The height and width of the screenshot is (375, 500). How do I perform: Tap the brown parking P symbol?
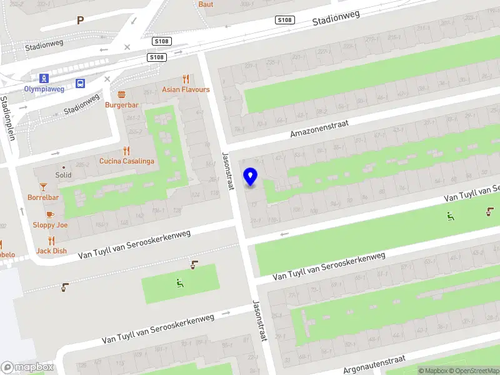[x=80, y=21]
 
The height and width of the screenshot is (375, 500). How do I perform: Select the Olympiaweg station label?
[x=44, y=89]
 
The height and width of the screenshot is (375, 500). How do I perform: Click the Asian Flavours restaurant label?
[x=186, y=89]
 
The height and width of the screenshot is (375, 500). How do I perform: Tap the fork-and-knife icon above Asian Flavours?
[x=186, y=79]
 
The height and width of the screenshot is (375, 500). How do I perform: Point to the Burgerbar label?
[x=121, y=104]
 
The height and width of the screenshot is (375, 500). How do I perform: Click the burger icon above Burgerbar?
[x=121, y=94]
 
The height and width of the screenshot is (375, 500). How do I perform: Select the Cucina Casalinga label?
[x=126, y=161]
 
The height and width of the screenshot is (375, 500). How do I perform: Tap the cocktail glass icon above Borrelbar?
[x=43, y=187]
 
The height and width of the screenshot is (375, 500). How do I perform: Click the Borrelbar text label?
[x=43, y=197]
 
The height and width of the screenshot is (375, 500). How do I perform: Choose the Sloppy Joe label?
[x=50, y=224]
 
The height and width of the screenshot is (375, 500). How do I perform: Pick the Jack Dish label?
[x=51, y=251]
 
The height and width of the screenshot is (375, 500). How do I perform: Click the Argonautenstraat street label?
[x=374, y=364]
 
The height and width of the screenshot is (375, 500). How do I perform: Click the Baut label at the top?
[x=206, y=4]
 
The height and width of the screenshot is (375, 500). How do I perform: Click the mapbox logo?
[x=27, y=367]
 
